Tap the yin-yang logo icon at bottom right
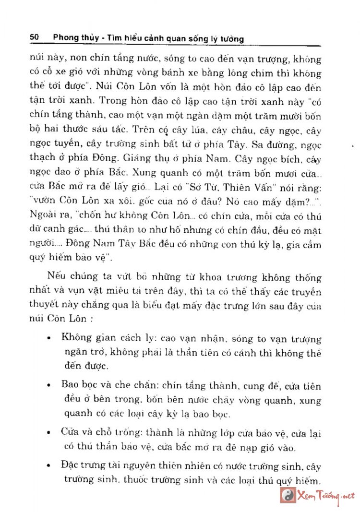(288, 495)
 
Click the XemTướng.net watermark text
(326, 495)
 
